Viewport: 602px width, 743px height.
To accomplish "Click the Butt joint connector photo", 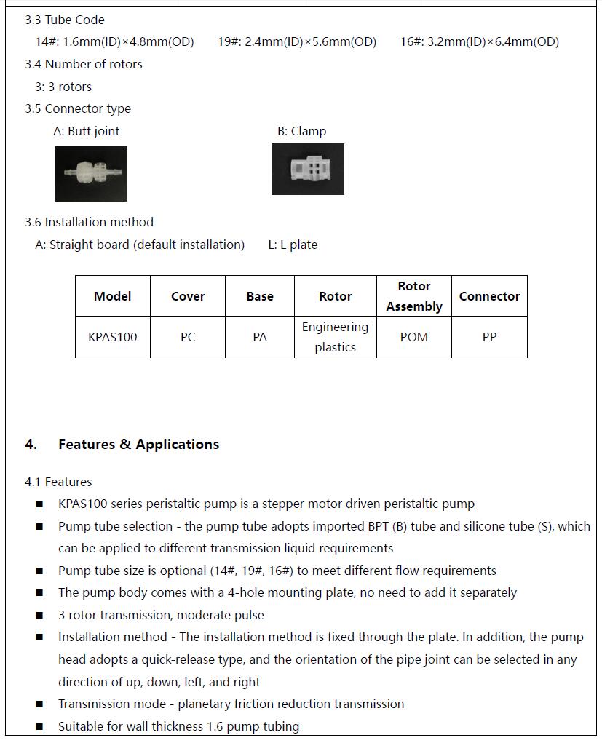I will tap(91, 174).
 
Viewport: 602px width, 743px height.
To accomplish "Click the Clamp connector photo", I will tap(307, 169).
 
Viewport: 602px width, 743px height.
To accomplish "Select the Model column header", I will tap(113, 296).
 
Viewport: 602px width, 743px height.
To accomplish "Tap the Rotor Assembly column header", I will tap(413, 296).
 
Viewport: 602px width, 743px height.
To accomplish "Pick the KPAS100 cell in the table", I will tap(113, 337).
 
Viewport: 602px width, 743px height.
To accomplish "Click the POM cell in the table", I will tap(413, 337).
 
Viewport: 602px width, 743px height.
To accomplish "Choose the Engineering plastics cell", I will tap(335, 337).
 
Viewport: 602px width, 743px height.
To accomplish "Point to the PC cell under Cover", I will tap(187, 337).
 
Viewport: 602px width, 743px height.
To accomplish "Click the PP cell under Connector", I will tap(489, 337).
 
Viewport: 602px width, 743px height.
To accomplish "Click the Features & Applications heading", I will tap(138, 444).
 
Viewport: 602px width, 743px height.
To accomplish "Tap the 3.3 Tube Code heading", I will tap(65, 20).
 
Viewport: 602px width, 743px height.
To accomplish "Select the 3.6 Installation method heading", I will tap(89, 222).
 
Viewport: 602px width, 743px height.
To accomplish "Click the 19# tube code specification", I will tap(297, 41).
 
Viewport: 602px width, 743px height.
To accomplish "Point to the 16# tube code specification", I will tap(479, 41).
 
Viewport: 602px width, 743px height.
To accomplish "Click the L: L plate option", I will tap(293, 245).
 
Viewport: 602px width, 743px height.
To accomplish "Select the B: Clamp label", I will tap(301, 131).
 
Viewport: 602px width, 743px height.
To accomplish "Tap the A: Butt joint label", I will tap(86, 131).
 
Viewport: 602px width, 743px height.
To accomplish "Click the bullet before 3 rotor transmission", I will tap(39, 616).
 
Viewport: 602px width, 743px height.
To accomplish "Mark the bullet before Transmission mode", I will tap(39, 704).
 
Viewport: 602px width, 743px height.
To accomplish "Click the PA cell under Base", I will tap(260, 337).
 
